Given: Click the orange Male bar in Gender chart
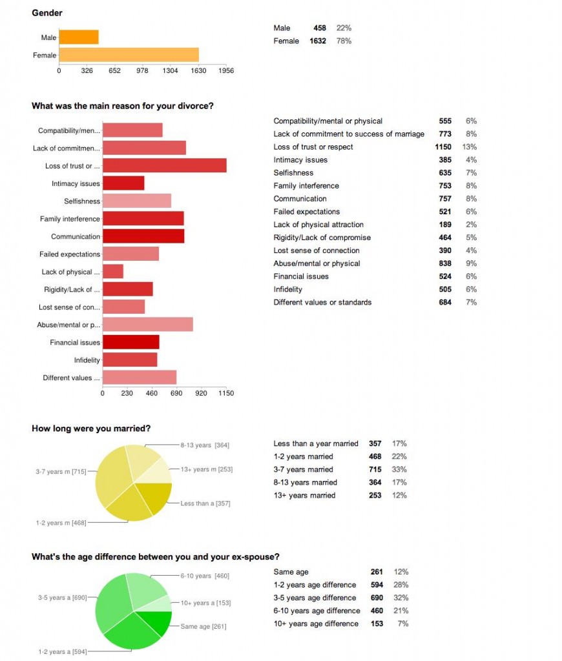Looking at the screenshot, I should (79, 37).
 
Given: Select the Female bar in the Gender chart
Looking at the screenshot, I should (129, 55).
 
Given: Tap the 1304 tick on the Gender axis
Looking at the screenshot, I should (171, 70).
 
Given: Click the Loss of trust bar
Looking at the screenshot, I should (164, 165).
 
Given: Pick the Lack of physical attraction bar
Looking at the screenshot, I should (112, 271).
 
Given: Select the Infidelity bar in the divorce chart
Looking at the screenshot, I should (129, 360).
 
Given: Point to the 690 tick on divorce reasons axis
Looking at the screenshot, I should (176, 392).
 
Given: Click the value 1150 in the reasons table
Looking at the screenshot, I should (443, 147).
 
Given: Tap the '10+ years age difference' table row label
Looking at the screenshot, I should (316, 624).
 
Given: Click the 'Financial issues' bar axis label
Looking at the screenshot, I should (75, 342).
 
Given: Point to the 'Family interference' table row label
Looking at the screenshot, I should (306, 186).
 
